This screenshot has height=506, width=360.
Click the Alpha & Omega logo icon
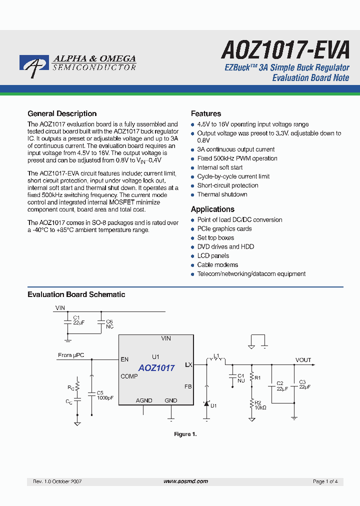tap(34, 66)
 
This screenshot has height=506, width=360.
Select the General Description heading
tap(62, 113)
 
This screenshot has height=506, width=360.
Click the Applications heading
tap(212, 209)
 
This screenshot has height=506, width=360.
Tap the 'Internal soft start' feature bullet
tap(220, 167)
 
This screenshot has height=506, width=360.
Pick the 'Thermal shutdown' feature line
tap(222, 194)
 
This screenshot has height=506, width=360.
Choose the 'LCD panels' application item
tap(213, 255)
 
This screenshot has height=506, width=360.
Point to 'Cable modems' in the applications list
tap(217, 264)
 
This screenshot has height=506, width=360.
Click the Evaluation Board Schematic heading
tap(76, 294)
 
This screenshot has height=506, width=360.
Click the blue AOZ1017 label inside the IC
tap(156, 368)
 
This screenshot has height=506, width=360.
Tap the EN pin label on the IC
tap(124, 359)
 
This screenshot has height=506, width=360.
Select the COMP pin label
tap(129, 376)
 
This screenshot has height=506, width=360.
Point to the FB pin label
tap(188, 386)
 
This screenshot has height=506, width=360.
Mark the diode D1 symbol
tap(206, 403)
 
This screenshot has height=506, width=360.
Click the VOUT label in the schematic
tap(303, 360)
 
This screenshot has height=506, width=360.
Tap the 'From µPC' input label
tap(71, 355)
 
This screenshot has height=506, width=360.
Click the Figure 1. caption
tap(185, 434)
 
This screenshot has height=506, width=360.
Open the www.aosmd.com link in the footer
tap(185, 481)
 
